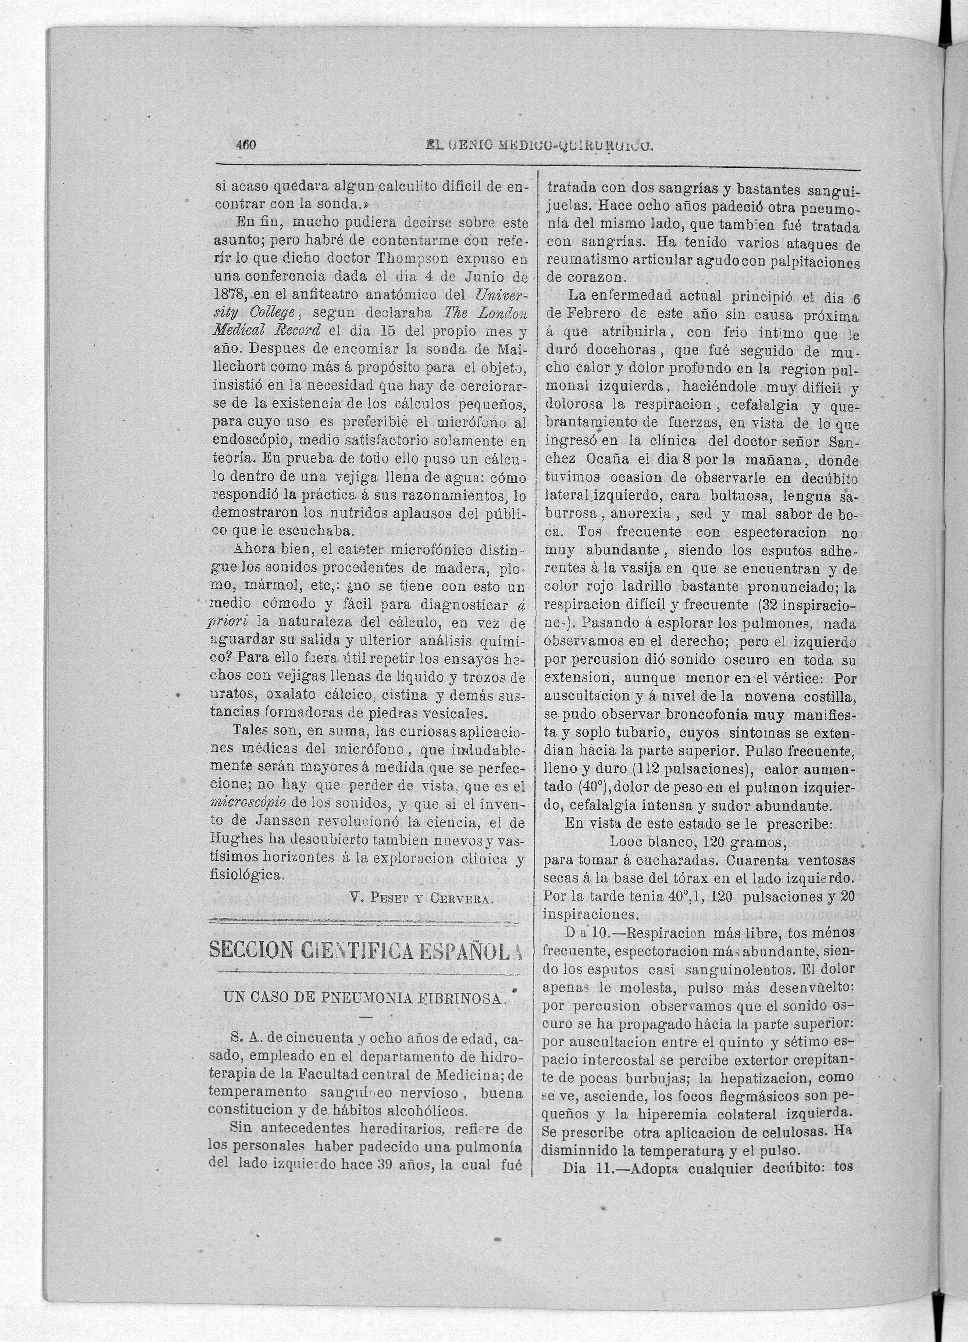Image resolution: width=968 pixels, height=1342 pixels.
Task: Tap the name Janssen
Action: tap(269, 821)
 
